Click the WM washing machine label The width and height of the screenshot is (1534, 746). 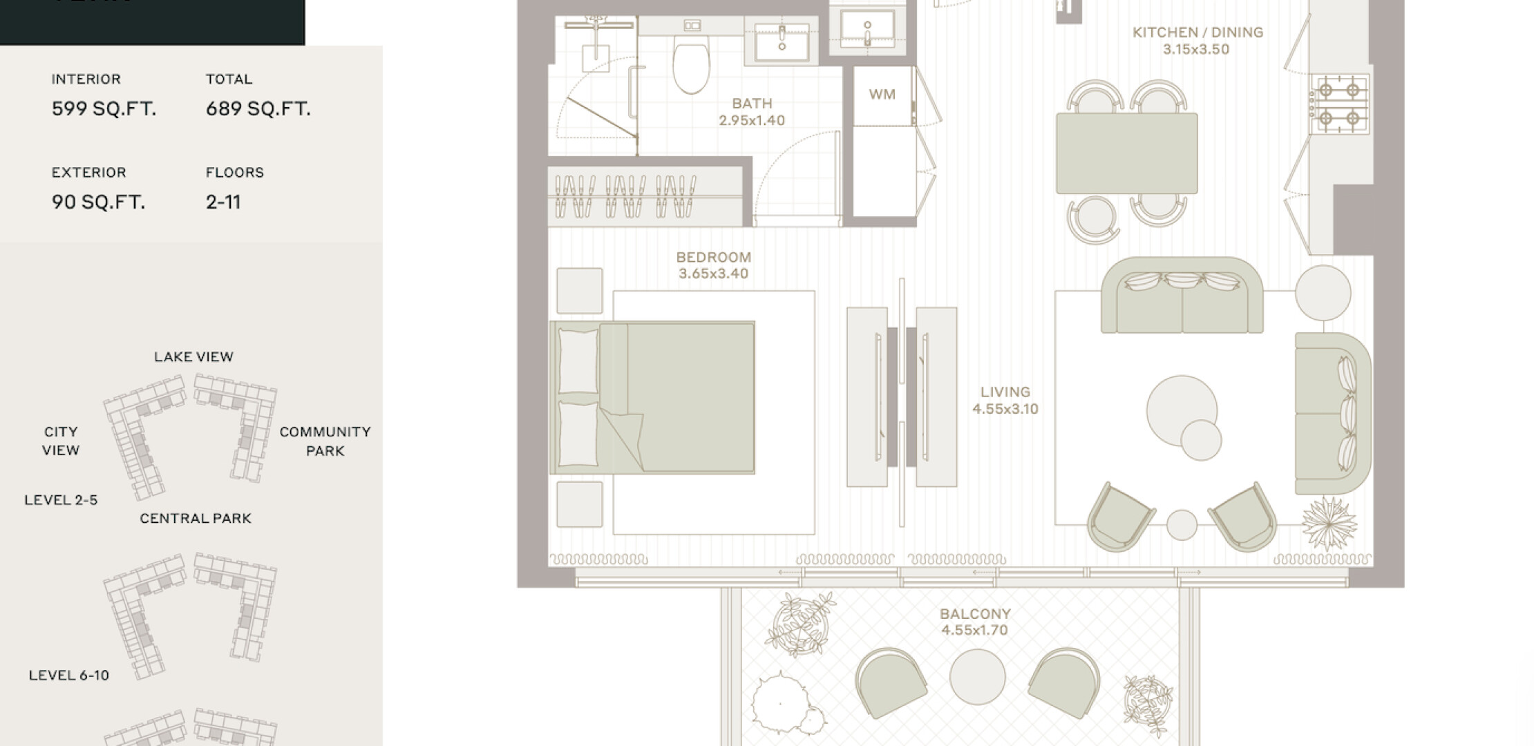tap(882, 94)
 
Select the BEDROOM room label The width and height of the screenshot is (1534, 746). tap(714, 257)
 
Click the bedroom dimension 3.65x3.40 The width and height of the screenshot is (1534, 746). tap(714, 274)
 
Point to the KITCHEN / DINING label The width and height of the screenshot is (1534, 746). tap(1197, 32)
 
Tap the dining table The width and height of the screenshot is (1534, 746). tap(1127, 154)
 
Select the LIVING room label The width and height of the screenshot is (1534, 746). tap(1005, 392)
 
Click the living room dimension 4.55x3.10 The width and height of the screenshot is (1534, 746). tap(1005, 409)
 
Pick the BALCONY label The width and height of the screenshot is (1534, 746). tap(975, 613)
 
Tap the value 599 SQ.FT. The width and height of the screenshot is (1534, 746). tap(104, 108)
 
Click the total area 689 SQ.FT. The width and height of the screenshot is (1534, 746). tap(258, 108)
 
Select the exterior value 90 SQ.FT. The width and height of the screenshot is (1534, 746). tap(98, 202)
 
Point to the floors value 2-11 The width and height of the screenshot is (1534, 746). tap(223, 202)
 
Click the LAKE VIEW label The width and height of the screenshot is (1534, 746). tap(193, 357)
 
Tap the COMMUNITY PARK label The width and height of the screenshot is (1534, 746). tap(325, 441)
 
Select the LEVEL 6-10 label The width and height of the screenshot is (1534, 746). tap(69, 676)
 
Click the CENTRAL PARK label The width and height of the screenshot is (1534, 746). tap(196, 519)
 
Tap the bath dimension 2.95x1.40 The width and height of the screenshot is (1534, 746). tap(752, 120)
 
